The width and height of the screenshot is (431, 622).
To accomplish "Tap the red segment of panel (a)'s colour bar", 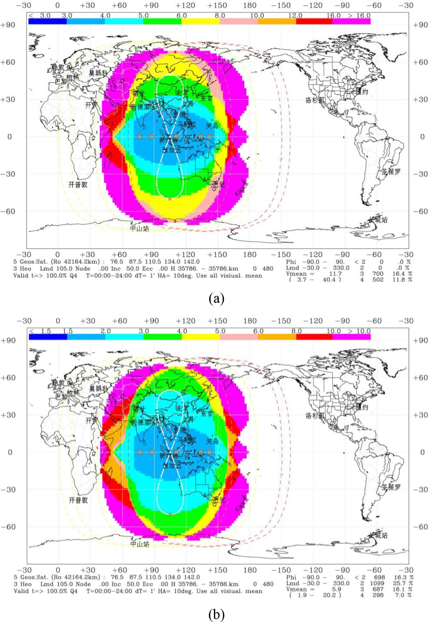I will (x=314, y=21).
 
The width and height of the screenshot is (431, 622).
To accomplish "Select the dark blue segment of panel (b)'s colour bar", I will (x=48, y=337).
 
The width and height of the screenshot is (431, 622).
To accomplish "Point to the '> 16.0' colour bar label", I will (x=359, y=15).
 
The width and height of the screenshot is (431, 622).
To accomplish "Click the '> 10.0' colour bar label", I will (x=359, y=331).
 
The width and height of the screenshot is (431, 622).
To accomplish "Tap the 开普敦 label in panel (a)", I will (x=78, y=185).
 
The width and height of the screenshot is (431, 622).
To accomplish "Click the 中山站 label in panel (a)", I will (x=140, y=229).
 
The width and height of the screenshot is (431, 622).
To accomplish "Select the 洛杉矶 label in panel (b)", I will (x=315, y=416).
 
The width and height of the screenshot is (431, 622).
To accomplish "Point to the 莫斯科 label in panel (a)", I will (x=98, y=73).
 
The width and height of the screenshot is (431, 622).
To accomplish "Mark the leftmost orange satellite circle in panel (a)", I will (x=140, y=136).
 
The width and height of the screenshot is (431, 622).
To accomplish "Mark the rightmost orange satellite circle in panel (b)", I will (x=209, y=452).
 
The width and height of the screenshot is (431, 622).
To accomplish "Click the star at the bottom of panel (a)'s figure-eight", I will (x=170, y=199).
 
